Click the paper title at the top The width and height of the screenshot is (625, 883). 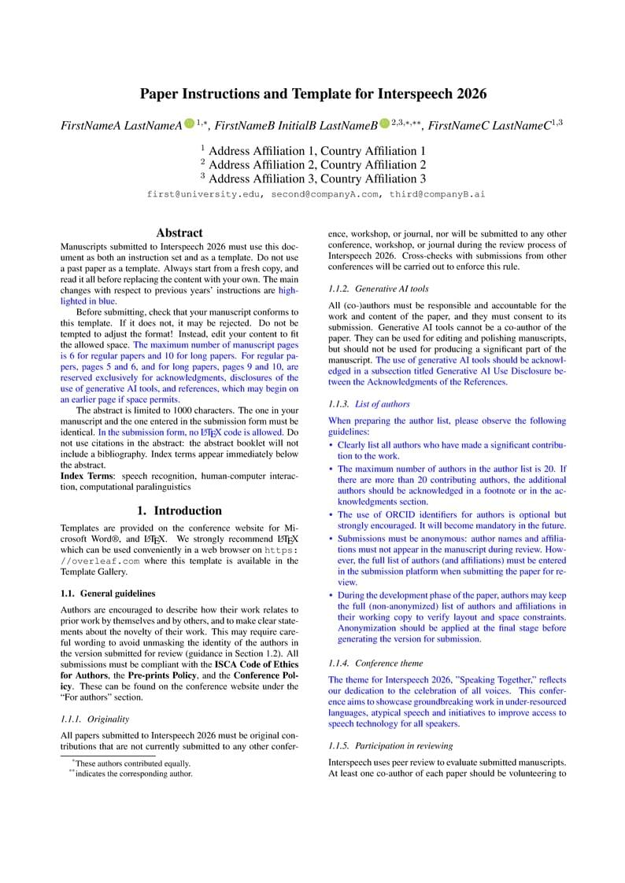(x=312, y=94)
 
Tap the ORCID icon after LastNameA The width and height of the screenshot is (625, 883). (x=190, y=123)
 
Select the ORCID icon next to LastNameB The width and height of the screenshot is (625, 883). (x=384, y=123)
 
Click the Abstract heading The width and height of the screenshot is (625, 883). (x=179, y=233)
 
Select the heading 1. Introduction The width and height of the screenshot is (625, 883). (x=179, y=510)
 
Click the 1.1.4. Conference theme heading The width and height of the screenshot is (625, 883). (x=378, y=662)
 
